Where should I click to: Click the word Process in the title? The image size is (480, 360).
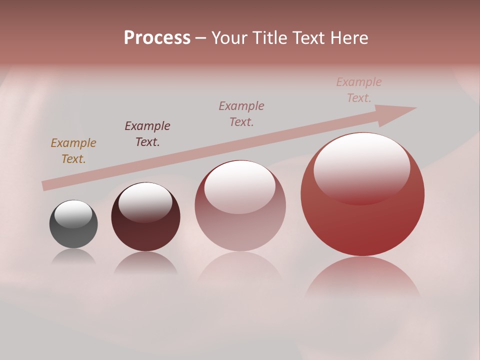point(157,38)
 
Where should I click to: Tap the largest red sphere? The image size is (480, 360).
point(362,220)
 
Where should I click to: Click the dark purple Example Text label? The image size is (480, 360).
point(147,133)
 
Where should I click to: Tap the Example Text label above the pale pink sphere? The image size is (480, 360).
point(241,113)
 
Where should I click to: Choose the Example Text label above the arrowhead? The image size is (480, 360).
point(359,90)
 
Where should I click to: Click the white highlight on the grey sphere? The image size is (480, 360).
point(73,214)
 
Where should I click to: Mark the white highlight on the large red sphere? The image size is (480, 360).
point(361,167)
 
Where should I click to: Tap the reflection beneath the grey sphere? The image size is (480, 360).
point(73,257)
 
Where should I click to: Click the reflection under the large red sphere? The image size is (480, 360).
point(362,277)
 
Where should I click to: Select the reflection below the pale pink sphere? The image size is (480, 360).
point(240,270)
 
